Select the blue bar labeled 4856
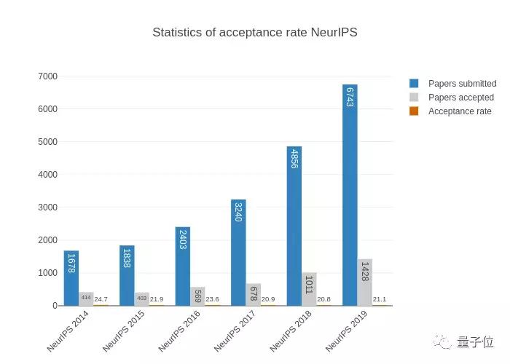click(294, 226)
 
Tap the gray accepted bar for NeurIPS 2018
click(309, 289)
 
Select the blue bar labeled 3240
click(238, 252)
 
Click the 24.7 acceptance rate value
click(101, 299)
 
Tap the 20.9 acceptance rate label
click(267, 299)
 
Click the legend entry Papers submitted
click(461, 84)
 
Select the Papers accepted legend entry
click(460, 98)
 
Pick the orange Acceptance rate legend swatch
click(414, 111)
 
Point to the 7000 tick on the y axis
click(47, 76)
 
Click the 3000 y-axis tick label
click(47, 207)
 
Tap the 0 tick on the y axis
click(55, 306)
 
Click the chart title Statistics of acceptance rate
click(254, 33)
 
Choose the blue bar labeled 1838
click(127, 275)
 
